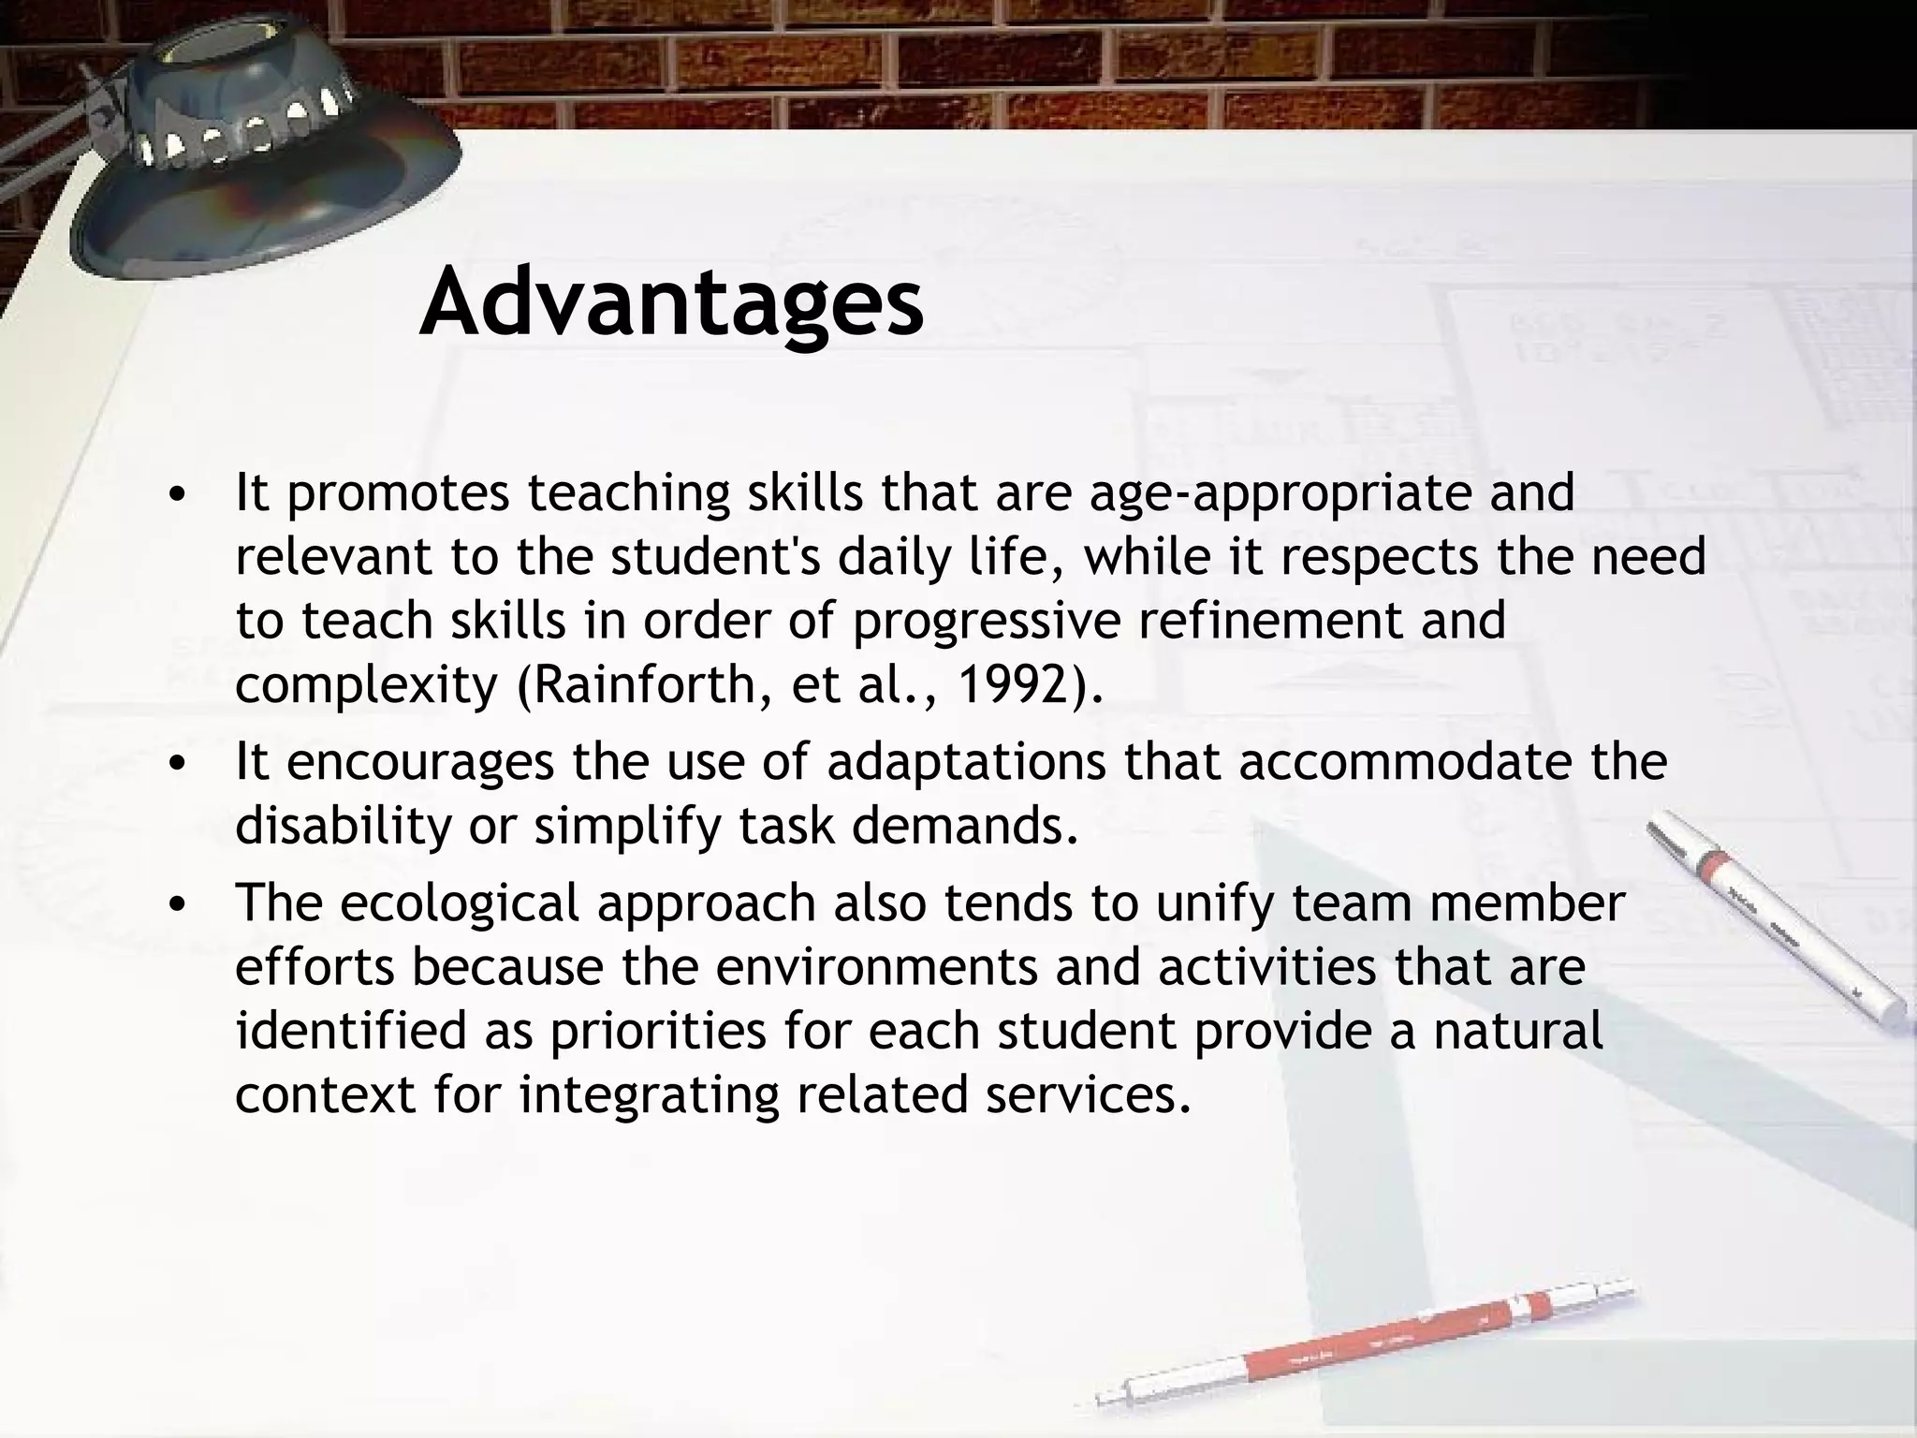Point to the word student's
point(716,556)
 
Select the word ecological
point(460,903)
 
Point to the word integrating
point(650,1095)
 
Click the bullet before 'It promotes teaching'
point(176,495)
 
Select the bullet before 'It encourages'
point(176,763)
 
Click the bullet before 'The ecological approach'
point(176,905)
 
